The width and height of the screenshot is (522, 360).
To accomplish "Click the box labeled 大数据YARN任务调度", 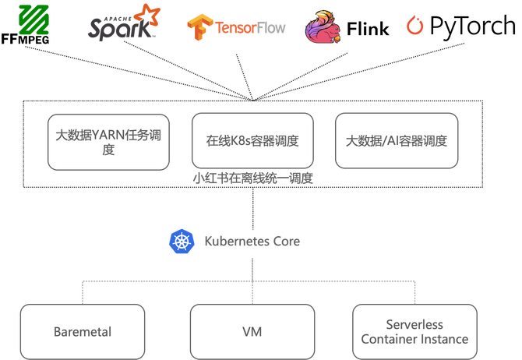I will (x=108, y=141).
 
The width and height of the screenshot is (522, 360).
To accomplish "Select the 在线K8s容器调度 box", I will (x=252, y=141).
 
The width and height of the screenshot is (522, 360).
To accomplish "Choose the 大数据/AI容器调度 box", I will (x=397, y=141).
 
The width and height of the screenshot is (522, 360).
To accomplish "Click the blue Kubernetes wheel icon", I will (x=180, y=241).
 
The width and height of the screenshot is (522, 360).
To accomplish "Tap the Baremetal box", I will (x=83, y=332).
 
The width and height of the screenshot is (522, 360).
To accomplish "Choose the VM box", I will (x=252, y=332).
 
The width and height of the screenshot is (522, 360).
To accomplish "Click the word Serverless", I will (x=414, y=324).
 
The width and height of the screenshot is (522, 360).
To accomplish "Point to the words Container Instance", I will (x=414, y=339).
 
